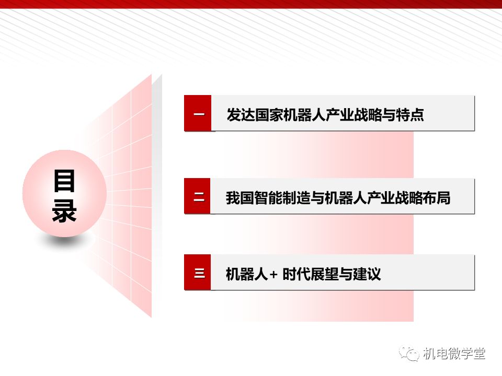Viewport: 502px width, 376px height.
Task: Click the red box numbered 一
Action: coord(198,113)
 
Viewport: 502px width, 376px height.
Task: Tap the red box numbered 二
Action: coord(197,196)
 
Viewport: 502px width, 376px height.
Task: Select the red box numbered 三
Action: coord(197,273)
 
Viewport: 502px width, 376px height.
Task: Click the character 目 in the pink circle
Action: coord(64,181)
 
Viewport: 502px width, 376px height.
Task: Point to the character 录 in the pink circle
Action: coord(64,210)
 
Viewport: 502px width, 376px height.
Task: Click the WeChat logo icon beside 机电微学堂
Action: coord(409,354)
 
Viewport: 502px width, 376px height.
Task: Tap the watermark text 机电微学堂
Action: coord(454,354)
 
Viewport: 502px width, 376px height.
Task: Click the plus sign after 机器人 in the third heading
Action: coord(273,274)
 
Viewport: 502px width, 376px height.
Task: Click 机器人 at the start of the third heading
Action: coord(247,274)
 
